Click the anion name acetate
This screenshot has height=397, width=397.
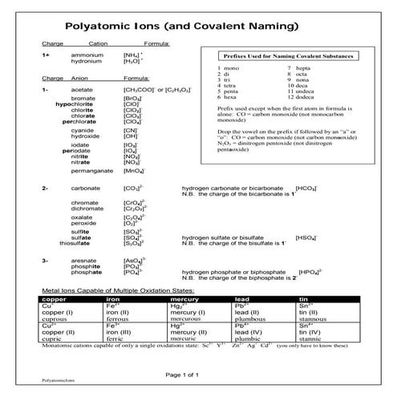83,91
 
